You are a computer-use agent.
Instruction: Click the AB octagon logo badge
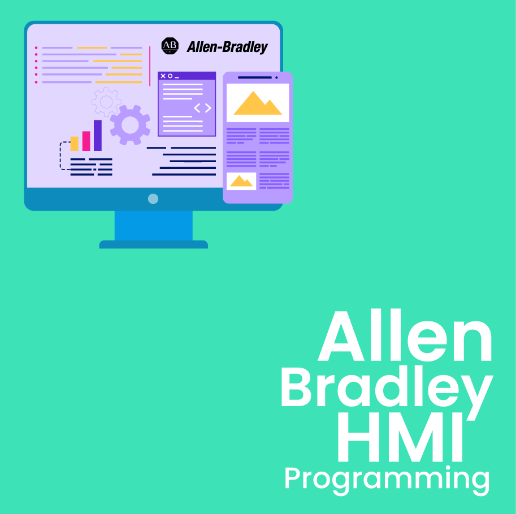pos(170,46)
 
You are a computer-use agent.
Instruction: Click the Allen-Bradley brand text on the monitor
pos(227,47)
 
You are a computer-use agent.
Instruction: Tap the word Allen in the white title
pos(405,335)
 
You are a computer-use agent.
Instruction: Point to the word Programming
pos(387,480)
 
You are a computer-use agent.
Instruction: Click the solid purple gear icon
pos(131,125)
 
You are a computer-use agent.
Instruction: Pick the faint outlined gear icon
pos(106,102)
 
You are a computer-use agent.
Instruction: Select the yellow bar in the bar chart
pos(75,143)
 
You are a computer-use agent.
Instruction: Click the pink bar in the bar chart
pos(86,141)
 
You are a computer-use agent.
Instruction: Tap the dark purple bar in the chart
pos(98,135)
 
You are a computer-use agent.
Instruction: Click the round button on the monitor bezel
pos(153,199)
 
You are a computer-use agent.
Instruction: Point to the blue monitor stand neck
pos(154,225)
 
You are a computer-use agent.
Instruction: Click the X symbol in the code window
pos(163,76)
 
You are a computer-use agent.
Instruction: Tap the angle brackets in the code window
pos(202,108)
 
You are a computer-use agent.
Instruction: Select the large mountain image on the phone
pos(258,103)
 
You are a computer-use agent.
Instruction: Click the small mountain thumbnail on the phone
pos(241,181)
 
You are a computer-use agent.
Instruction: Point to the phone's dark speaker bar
pos(255,77)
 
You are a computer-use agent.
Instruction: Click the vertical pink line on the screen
pos(150,66)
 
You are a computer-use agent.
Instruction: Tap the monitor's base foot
pos(154,245)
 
